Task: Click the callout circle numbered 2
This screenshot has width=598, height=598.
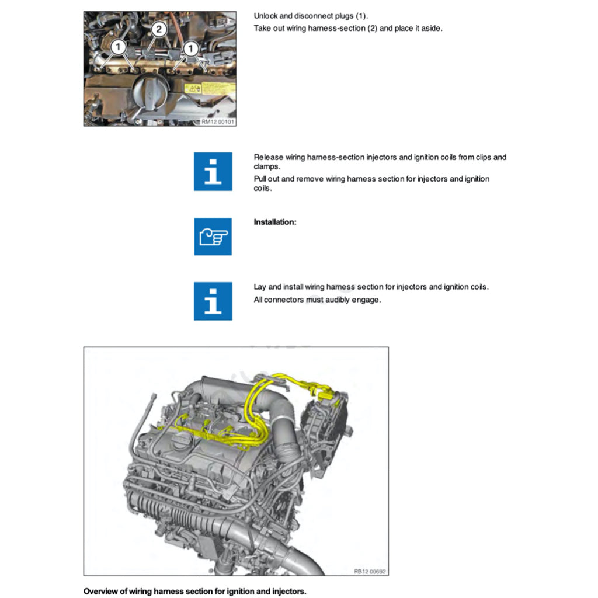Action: (x=158, y=29)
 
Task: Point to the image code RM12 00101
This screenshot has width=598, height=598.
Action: (x=217, y=121)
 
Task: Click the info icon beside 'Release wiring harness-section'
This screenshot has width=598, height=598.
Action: (x=213, y=171)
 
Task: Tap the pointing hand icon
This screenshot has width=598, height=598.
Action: (x=213, y=237)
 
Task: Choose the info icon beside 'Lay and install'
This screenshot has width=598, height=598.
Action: (x=213, y=301)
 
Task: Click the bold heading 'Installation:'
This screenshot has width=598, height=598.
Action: (x=275, y=222)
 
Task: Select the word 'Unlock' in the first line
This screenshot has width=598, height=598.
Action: (x=266, y=16)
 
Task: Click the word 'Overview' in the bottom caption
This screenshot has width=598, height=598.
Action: (x=101, y=592)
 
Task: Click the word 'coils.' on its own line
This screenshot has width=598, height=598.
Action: (x=263, y=188)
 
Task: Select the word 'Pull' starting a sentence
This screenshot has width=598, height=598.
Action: (x=260, y=179)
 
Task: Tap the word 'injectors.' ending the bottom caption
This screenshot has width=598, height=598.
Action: (x=288, y=592)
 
